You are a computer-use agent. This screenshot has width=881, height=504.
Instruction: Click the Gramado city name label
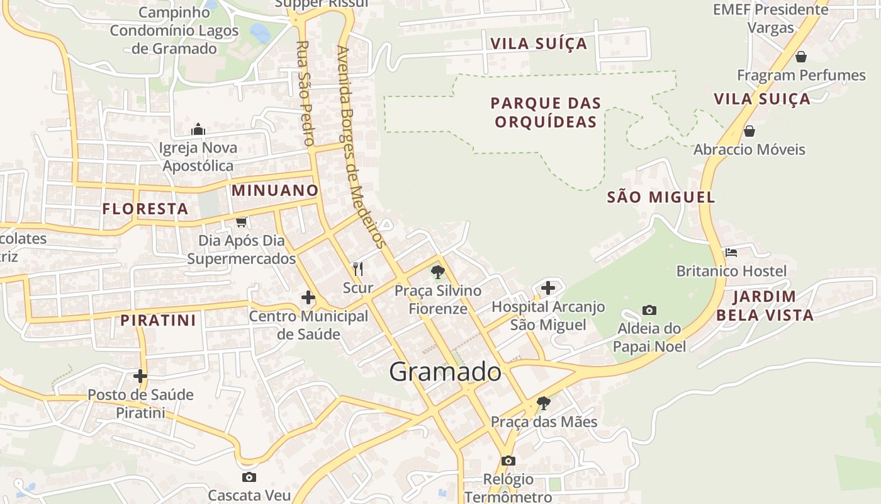click(x=445, y=372)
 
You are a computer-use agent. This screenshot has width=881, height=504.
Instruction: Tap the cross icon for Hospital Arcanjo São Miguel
click(x=548, y=288)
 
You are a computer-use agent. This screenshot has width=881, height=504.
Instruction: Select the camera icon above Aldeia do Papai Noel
click(x=649, y=310)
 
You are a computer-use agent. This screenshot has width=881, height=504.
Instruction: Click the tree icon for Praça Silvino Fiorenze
click(x=437, y=272)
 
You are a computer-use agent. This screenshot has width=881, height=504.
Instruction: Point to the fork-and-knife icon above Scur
click(x=358, y=269)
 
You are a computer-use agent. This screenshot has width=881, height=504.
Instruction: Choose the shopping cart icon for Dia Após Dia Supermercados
click(x=241, y=222)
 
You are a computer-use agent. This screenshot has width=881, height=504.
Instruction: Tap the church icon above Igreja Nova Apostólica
click(x=198, y=130)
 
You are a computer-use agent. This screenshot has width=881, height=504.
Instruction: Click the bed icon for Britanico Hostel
click(x=731, y=252)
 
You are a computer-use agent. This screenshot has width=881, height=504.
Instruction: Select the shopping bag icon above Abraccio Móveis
click(x=749, y=131)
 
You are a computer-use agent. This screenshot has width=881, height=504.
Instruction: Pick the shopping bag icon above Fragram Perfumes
click(x=801, y=57)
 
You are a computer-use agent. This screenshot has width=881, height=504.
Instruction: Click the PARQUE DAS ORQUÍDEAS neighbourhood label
click(x=546, y=112)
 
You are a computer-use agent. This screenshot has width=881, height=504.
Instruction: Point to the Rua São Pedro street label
click(x=305, y=93)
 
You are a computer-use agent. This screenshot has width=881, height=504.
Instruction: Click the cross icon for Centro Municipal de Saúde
click(x=308, y=297)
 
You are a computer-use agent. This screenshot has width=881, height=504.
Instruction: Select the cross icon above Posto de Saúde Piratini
click(x=140, y=376)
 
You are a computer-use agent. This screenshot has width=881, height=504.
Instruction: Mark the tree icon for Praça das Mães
click(x=543, y=403)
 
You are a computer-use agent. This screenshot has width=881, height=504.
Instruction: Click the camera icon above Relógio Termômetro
click(x=508, y=461)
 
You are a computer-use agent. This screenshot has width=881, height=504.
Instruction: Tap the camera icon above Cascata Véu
click(x=249, y=477)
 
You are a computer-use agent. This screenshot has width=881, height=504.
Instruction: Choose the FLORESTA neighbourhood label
click(x=145, y=209)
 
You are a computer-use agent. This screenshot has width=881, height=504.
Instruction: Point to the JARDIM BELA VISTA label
click(x=765, y=306)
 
